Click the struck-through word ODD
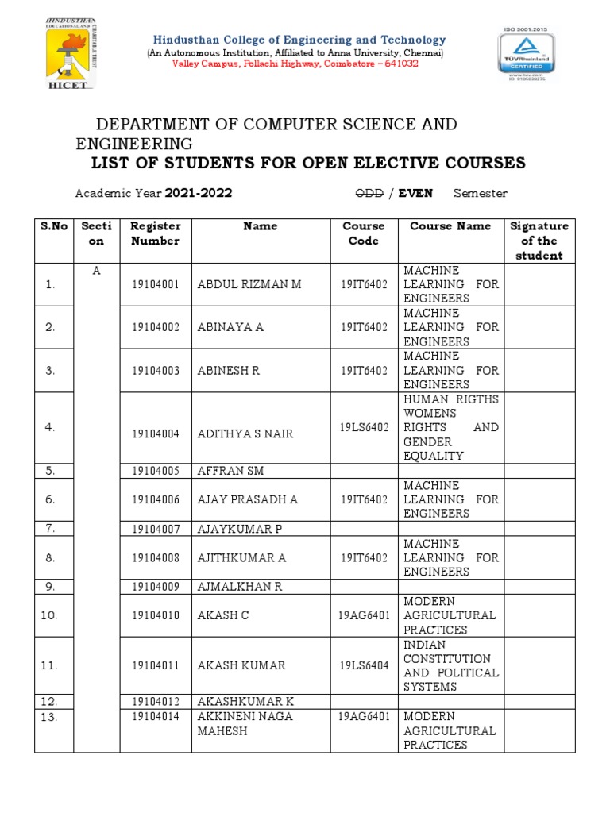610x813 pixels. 369,193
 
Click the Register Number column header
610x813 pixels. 156,233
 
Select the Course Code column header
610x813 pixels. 363,233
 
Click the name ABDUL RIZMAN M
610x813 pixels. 249,284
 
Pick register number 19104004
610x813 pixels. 156,434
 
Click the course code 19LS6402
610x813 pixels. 364,427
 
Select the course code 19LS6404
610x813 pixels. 364,665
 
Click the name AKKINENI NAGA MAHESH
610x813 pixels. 245,723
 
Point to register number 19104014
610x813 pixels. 156,716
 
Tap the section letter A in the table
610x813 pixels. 97,271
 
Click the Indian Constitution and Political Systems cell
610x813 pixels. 450,665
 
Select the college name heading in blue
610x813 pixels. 299,40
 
